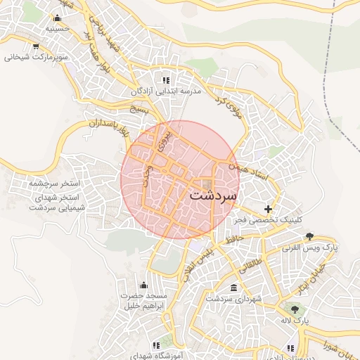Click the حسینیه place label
pyautogui.click(x=37, y=30)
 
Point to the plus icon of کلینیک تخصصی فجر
pyautogui.click(x=268, y=209)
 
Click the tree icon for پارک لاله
pyautogui.click(x=294, y=309)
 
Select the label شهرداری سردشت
pyautogui.click(x=233, y=300)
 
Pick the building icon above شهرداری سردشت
pyautogui.click(x=233, y=288)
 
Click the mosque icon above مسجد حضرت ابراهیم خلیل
pyautogui.click(x=144, y=284)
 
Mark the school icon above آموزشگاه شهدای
pyautogui.click(x=156, y=345)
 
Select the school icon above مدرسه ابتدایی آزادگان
pyautogui.click(x=166, y=80)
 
